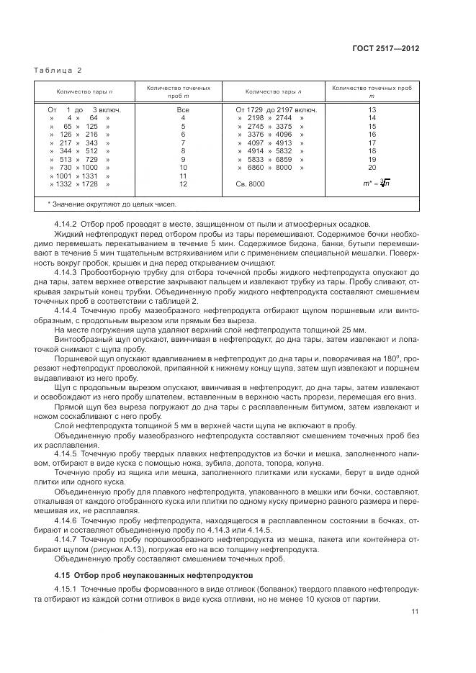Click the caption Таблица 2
point(58,70)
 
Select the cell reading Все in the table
point(183,109)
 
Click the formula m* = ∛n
point(372,184)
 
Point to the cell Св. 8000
point(250,184)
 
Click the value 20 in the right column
point(372,167)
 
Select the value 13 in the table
point(372,109)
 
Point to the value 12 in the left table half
point(183,184)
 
